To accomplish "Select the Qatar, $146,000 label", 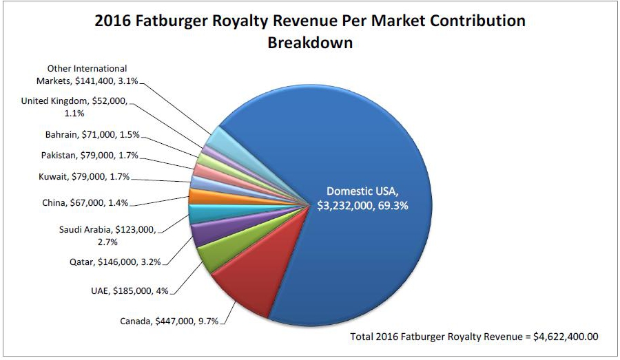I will (x=115, y=262).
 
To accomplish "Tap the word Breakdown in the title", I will (x=309, y=43).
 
